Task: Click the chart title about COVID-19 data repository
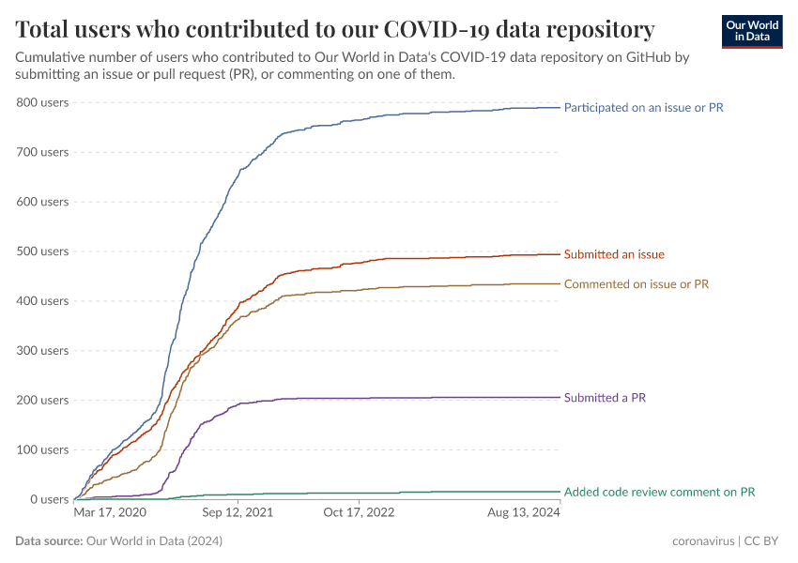point(335,27)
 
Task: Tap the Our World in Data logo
point(751,31)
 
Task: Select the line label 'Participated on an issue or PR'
point(643,108)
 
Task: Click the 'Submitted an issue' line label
point(614,254)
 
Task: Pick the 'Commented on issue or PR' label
point(636,283)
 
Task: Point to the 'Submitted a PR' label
point(605,398)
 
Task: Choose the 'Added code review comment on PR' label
point(659,492)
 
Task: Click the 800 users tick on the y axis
point(42,102)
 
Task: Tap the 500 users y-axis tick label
point(42,251)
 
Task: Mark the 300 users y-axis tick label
point(42,351)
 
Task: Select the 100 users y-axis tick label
point(42,449)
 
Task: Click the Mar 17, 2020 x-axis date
point(110,513)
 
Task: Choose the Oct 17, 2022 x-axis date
point(359,513)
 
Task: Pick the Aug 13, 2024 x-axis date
point(524,513)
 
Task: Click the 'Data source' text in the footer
point(49,541)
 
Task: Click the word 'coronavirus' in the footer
point(704,541)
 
